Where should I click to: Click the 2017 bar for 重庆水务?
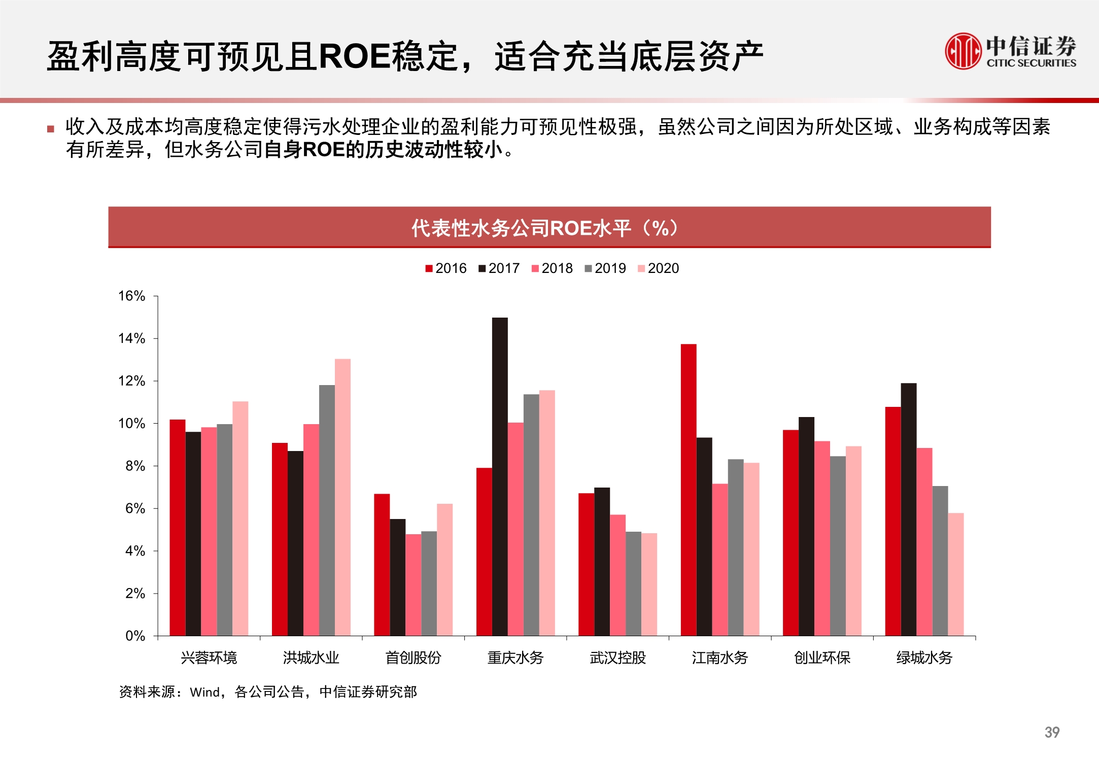[500, 476]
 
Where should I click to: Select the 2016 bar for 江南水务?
[689, 490]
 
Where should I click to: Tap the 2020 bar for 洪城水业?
[342, 497]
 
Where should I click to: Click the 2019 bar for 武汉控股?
[633, 583]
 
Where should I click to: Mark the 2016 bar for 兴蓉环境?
[178, 528]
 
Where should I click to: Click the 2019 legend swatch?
[588, 268]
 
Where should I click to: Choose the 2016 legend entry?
[446, 268]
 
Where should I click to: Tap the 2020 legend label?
[663, 268]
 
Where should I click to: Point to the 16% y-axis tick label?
[131, 296]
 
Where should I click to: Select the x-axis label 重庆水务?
[516, 658]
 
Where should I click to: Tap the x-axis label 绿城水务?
[924, 658]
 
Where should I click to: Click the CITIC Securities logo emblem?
[962, 51]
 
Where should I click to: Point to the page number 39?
[1052, 732]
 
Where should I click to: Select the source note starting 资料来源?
[268, 691]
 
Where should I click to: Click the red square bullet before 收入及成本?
[51, 129]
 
